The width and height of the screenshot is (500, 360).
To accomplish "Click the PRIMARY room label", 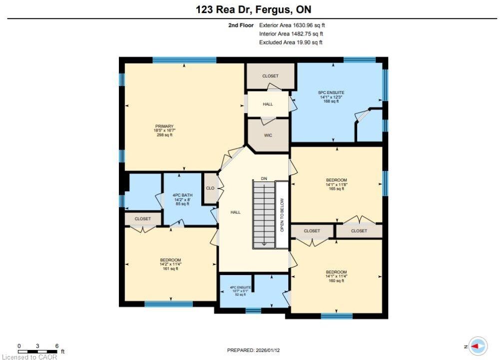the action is tap(164, 130).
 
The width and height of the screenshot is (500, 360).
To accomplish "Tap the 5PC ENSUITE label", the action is tap(331, 96).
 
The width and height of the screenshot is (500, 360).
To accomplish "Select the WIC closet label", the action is tap(268, 135).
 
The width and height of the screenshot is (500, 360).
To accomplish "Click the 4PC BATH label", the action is tap(182, 199).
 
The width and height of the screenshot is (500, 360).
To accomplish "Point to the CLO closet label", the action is tap(210, 188).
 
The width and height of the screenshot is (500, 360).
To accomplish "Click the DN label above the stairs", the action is tap(264, 178).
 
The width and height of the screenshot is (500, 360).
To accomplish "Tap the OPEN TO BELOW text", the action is tap(282, 215).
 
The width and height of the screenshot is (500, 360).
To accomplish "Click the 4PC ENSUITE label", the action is tap(240, 290).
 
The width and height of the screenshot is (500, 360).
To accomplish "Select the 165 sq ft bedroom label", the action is tap(337, 184).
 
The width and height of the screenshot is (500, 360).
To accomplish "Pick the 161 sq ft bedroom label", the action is tap(171, 264).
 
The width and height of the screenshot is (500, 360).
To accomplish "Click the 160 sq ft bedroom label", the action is tap(337, 276).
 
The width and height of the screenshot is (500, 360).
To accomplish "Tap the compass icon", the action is tap(478, 346).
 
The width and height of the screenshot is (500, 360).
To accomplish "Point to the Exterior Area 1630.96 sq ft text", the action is tap(292, 25).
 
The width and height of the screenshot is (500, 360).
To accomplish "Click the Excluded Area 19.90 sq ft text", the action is tap(291, 42).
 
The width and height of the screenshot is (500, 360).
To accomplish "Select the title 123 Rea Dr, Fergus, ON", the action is tap(254, 9).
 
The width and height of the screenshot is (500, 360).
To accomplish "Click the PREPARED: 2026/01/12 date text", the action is tap(254, 350).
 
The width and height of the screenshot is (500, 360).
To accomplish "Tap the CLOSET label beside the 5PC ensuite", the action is tap(270, 76).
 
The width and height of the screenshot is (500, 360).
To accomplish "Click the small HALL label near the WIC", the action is tap(268, 104).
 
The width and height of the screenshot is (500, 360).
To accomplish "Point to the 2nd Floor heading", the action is tap(241, 25).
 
